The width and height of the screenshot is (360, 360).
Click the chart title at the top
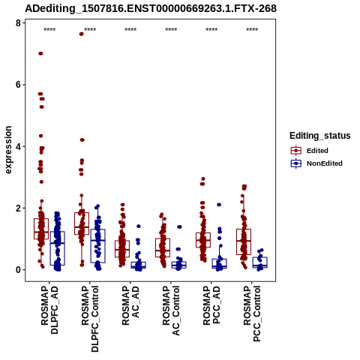pyautogui.click(x=151, y=8)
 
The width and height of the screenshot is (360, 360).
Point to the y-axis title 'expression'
pyautogui.click(x=8, y=150)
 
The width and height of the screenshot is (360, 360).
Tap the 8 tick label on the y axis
pyautogui.click(x=18, y=23)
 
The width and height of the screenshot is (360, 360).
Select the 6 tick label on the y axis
pyautogui.click(x=18, y=85)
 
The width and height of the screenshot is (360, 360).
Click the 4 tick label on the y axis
pyautogui.click(x=18, y=146)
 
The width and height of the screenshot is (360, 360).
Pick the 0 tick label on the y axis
pyautogui.click(x=18, y=270)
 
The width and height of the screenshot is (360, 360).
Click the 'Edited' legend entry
pyautogui.click(x=317, y=151)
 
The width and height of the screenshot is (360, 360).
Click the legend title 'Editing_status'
pyautogui.click(x=320, y=136)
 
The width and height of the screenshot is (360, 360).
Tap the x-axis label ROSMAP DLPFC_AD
pyautogui.click(x=49, y=310)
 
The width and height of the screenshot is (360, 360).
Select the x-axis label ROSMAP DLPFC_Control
pyautogui.click(x=90, y=319)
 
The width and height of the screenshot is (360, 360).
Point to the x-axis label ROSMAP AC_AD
pyautogui.click(x=130, y=305)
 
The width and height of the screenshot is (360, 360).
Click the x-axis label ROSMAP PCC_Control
pyautogui.click(x=252, y=313)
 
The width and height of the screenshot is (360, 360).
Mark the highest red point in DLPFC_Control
pyautogui.click(x=82, y=34)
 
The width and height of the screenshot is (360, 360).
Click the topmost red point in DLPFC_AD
pyautogui.click(x=40, y=53)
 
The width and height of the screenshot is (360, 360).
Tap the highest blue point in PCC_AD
pyautogui.click(x=219, y=205)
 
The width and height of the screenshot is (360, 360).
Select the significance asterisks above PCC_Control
pyautogui.click(x=252, y=30)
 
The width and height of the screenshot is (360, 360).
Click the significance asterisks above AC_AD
pyautogui.click(x=130, y=30)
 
